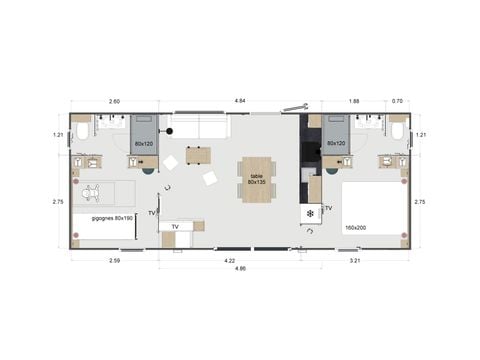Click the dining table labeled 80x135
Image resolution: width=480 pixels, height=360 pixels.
257,178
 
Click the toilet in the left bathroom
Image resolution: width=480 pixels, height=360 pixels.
82,131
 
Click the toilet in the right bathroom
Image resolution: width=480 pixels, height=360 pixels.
398,131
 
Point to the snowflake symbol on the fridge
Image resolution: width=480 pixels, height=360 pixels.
310,213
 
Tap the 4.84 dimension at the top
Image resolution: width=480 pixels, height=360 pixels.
240,101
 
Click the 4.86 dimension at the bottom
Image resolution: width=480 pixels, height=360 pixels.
240,269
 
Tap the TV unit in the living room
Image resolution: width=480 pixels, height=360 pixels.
175,227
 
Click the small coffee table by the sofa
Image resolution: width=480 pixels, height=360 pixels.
198,155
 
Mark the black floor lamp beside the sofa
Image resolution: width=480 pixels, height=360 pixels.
170,132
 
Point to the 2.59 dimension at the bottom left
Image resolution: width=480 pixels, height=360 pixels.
112,261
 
